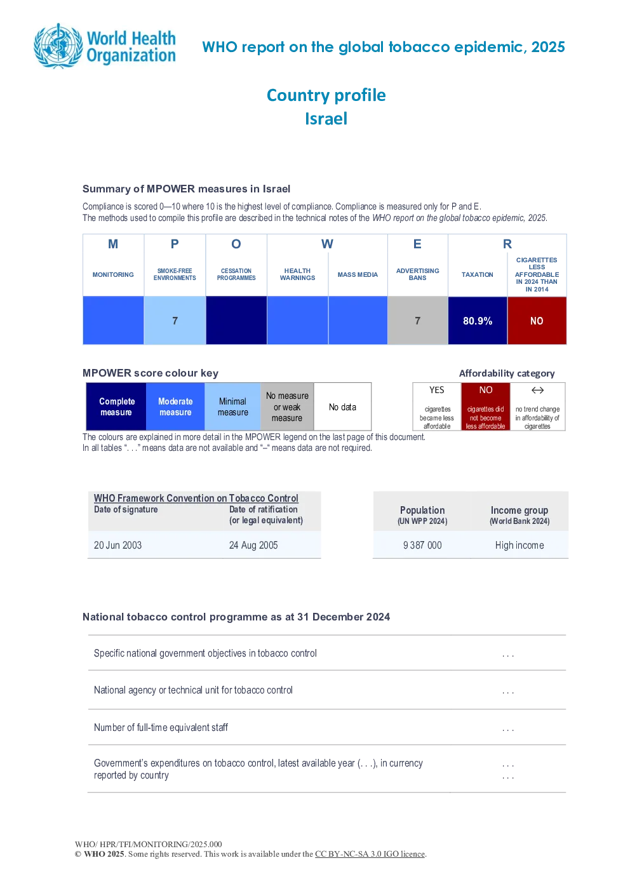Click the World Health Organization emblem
tap(58, 46)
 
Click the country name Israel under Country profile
tap(326, 119)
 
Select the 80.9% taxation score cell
tap(478, 321)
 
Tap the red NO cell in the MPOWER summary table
tap(537, 321)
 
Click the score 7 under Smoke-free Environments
tap(175, 321)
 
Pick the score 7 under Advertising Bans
tap(417, 321)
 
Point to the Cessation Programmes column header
tap(236, 274)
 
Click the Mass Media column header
tap(358, 274)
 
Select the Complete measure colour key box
tap(116, 406)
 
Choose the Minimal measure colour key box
tap(232, 406)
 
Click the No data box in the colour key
tap(342, 406)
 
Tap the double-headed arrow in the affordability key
tap(537, 390)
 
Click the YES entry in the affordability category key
tap(437, 390)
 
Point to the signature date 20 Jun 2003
tap(117, 545)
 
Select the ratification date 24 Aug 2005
tap(253, 545)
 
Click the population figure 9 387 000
tap(422, 545)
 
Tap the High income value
tap(519, 545)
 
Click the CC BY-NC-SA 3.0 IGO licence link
tap(370, 854)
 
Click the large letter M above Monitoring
tap(113, 244)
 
